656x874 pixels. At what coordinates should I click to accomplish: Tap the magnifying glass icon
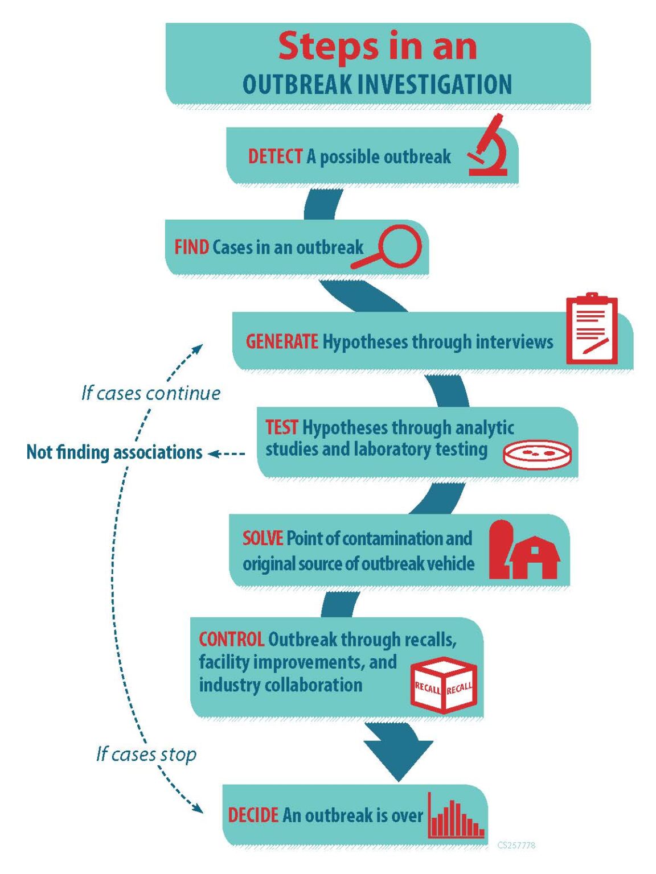(389, 247)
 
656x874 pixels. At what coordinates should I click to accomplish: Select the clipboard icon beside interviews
(592, 329)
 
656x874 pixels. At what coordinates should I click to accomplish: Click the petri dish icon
(537, 455)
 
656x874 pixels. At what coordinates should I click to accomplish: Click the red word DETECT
(275, 156)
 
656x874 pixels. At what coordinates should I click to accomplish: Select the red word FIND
(191, 248)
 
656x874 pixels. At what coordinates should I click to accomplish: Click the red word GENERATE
(282, 341)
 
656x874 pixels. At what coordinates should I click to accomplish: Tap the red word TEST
(281, 427)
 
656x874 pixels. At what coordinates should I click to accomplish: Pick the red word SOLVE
(263, 538)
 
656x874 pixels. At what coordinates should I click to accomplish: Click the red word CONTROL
(231, 640)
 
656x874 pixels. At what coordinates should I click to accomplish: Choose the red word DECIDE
(253, 815)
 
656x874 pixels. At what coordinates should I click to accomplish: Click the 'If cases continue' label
(151, 393)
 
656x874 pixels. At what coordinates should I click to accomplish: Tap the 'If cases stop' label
(146, 755)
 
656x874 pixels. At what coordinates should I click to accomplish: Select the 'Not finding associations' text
(114, 452)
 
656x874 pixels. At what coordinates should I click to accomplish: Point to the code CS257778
(516, 846)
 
